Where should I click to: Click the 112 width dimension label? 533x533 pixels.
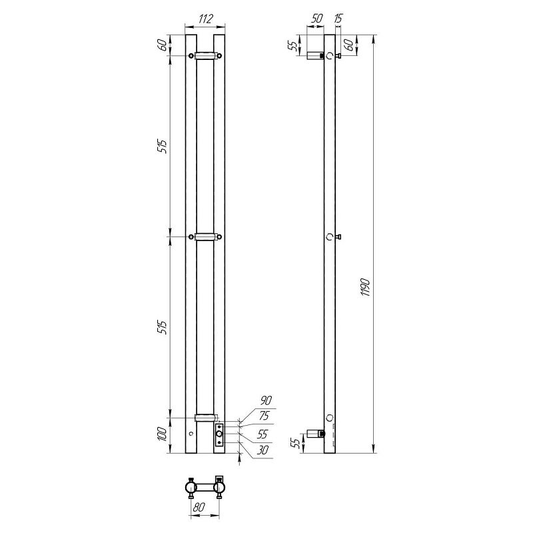[205, 19]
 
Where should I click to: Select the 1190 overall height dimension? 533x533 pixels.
[365, 287]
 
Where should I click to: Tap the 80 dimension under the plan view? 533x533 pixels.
[199, 507]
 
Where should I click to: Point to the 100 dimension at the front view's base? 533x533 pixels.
[163, 434]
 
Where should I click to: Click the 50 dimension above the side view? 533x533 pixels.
[316, 19]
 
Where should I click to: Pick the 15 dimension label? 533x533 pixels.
[338, 19]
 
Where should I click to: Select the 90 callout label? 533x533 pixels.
[266, 400]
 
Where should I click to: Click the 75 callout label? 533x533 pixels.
[264, 416]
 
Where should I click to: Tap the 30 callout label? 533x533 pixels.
[263, 450]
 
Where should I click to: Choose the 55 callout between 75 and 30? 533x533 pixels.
[263, 434]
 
